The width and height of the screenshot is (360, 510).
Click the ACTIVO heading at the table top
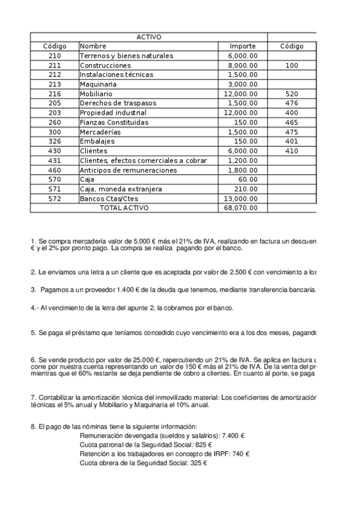[148, 37]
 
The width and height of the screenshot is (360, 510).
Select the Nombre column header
[93, 46]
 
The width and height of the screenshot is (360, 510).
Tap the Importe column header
[243, 46]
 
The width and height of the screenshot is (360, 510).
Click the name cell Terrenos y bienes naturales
[126, 56]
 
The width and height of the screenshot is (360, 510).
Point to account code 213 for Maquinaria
[55, 84]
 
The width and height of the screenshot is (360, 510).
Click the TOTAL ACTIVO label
[124, 208]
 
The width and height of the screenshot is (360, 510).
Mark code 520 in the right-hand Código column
[291, 94]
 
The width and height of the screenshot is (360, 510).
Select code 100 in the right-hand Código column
[291, 65]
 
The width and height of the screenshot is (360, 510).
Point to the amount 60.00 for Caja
[248, 179]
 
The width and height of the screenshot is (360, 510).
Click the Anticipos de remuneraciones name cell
[128, 170]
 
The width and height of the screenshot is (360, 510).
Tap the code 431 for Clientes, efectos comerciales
[55, 161]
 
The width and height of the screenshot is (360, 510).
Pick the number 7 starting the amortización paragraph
[32, 398]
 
